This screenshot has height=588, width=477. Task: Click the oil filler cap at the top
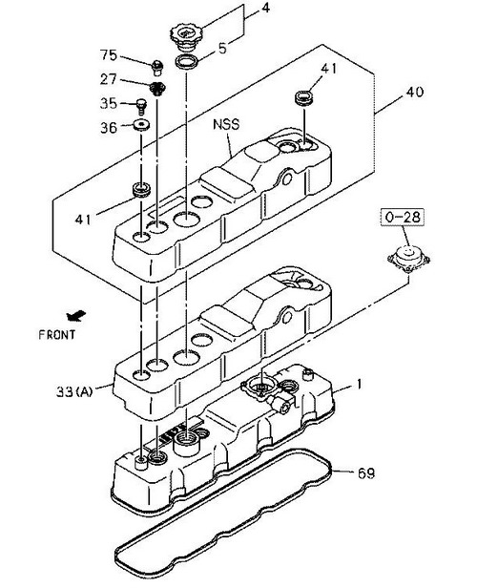point(185,38)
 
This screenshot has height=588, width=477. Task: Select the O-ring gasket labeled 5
point(186,62)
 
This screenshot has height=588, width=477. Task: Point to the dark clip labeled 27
point(157,89)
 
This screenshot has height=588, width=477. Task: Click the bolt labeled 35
point(141,106)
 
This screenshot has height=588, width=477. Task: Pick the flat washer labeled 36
point(142,125)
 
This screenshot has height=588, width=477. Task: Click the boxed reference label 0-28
point(403,217)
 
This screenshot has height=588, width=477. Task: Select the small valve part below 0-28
point(408,259)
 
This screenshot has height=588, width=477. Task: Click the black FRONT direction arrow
point(76,316)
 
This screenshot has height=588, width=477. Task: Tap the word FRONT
point(57,334)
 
